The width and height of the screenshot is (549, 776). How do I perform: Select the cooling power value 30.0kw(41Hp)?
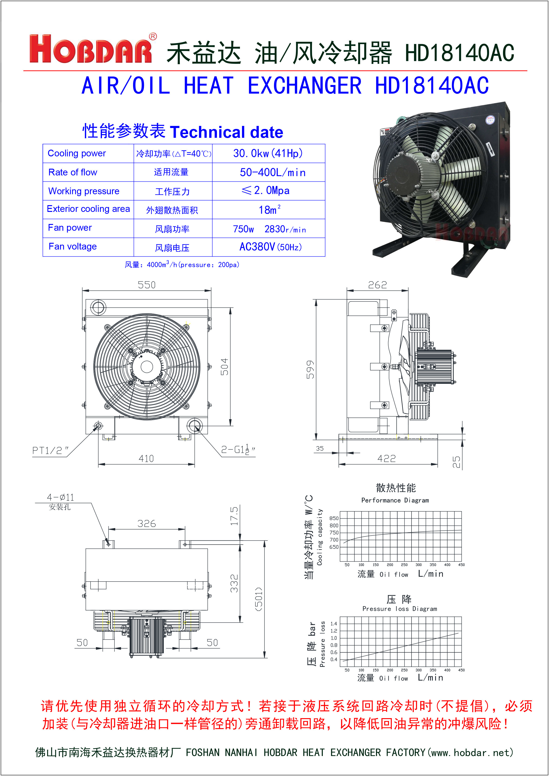click(268, 154)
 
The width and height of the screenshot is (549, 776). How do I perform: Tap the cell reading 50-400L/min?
click(272, 172)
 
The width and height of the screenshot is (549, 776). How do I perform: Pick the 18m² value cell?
click(269, 210)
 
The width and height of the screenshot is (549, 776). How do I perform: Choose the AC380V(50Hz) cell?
click(271, 247)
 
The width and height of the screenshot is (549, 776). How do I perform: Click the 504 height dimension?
click(225, 367)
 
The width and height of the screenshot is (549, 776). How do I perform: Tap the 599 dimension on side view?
click(310, 369)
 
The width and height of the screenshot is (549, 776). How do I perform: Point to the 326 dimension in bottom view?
click(146, 523)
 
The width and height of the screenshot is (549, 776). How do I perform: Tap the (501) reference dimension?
click(259, 599)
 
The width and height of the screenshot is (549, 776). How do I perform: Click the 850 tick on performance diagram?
click(334, 518)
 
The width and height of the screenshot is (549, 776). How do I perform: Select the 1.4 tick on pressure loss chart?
click(334, 624)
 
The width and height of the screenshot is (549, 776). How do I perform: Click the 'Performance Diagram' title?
click(395, 500)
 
